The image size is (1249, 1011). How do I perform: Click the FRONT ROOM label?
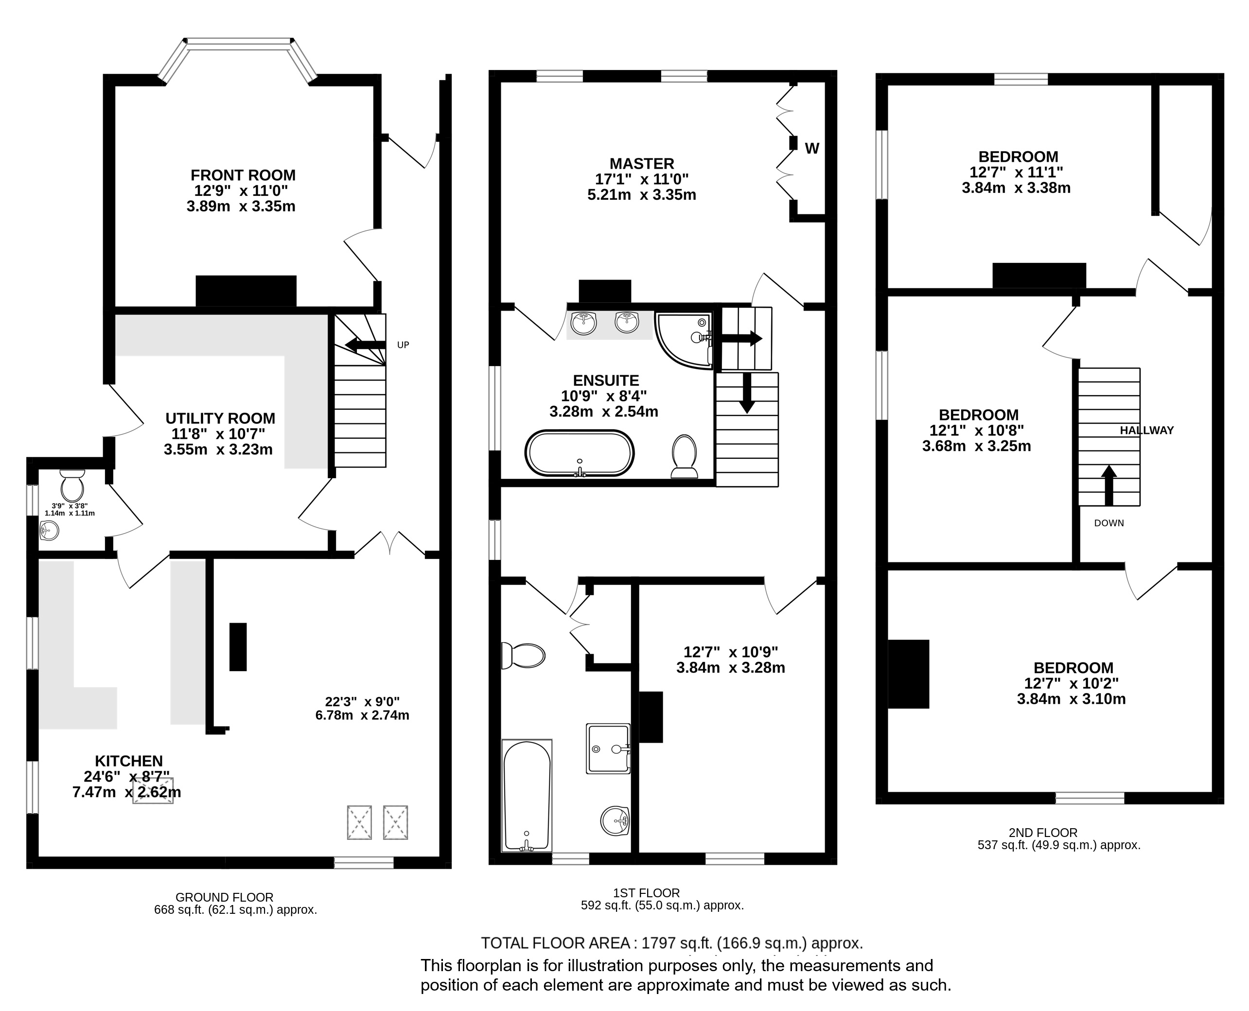(x=243, y=175)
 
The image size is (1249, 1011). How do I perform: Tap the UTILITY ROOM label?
(x=220, y=418)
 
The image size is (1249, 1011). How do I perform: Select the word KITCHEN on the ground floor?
(x=129, y=761)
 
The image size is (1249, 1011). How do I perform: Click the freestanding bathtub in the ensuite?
(x=580, y=453)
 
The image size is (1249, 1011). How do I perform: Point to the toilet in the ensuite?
(x=685, y=457)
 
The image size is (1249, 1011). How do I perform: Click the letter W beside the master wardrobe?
(x=812, y=149)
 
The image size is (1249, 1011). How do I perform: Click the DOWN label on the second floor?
(x=1108, y=523)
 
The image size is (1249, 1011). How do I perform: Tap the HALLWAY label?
(x=1146, y=430)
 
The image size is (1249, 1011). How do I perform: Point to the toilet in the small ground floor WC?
(x=72, y=485)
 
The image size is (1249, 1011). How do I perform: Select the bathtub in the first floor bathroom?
(x=527, y=796)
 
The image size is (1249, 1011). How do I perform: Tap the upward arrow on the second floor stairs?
(x=1108, y=485)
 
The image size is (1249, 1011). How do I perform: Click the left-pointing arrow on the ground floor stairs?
(x=365, y=344)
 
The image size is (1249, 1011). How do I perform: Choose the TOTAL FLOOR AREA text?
(x=555, y=943)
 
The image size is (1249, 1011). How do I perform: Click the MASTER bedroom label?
(x=642, y=164)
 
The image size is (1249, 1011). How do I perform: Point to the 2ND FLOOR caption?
(x=1043, y=833)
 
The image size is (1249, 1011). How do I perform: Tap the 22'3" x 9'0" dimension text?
(x=362, y=702)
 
